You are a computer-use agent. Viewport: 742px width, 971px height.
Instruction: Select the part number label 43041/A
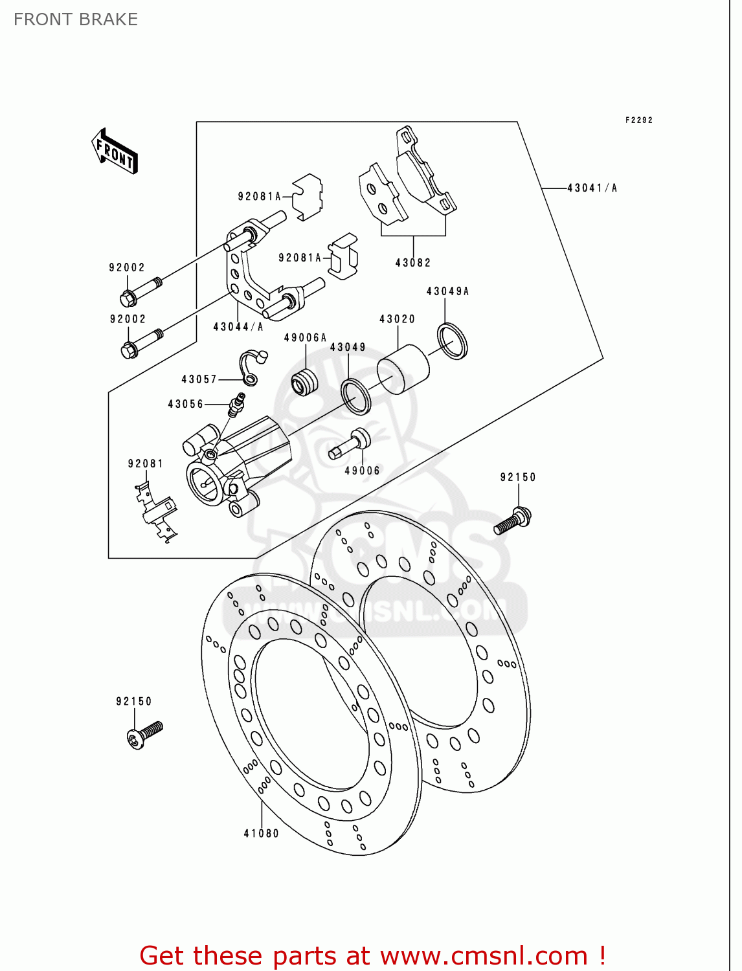[592, 188]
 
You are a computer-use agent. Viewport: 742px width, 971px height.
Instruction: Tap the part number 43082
[413, 263]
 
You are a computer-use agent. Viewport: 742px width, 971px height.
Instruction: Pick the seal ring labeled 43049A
[452, 341]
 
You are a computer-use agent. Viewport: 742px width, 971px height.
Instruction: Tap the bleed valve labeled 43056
[236, 405]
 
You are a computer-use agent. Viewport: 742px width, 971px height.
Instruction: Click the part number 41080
[261, 834]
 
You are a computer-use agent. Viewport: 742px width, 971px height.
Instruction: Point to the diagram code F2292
[638, 120]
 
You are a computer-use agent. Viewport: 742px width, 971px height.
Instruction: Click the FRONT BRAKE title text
[76, 19]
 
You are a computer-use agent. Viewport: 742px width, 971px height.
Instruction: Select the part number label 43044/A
[238, 328]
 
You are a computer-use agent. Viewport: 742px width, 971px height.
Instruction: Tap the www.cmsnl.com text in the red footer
[483, 955]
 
